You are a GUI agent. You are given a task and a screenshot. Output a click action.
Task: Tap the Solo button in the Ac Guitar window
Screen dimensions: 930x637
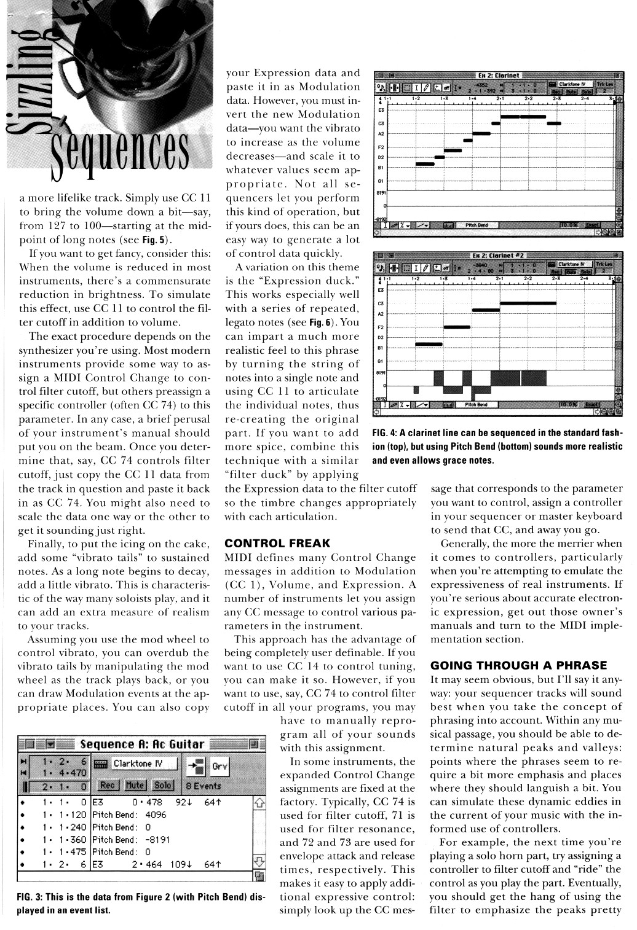[x=162, y=785]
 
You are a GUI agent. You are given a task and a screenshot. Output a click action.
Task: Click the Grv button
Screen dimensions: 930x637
[x=220, y=766]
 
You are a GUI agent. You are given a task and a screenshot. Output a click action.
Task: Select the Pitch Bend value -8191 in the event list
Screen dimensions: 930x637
[x=157, y=839]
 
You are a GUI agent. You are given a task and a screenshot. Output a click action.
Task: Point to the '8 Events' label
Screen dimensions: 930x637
[x=204, y=786]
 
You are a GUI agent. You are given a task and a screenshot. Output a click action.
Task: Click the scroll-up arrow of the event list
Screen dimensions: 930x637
[x=259, y=802]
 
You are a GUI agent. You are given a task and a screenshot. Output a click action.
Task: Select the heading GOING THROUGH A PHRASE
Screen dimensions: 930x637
[x=519, y=665]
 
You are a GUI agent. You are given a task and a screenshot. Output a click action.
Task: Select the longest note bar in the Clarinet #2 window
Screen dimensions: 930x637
[x=528, y=303]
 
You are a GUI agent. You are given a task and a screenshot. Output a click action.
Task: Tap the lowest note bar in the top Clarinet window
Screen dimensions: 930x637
[x=424, y=164]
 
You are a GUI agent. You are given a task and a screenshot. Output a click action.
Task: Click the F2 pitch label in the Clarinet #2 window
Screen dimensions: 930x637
[x=381, y=327]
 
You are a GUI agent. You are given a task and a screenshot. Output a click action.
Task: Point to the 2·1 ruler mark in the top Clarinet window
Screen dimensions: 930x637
[x=500, y=98]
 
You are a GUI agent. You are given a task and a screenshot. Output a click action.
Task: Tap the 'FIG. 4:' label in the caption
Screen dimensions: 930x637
[x=385, y=433]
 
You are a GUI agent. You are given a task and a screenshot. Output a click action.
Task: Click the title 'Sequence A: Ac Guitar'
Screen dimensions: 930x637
[x=142, y=744]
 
